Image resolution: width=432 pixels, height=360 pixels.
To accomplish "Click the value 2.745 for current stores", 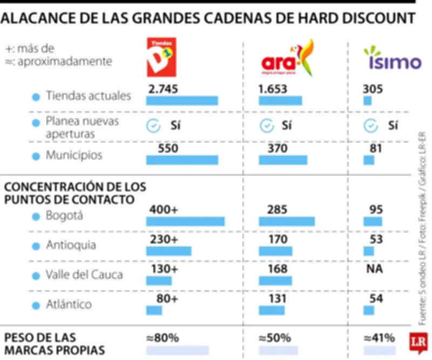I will pyautogui.click(x=163, y=89).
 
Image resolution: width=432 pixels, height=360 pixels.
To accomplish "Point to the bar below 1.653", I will pyautogui.click(x=280, y=101).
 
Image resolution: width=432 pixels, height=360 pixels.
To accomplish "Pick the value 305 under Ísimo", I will pyautogui.click(x=373, y=89).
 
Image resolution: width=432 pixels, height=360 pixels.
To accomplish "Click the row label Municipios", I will pyautogui.click(x=74, y=156).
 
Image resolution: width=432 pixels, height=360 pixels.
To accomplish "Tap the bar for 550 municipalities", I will pyautogui.click(x=183, y=160).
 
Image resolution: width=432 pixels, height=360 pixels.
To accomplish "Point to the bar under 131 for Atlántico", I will pyautogui.click(x=272, y=310).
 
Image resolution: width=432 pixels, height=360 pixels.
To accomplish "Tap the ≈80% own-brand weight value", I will pyautogui.click(x=163, y=338).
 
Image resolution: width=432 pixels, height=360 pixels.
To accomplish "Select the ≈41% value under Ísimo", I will pyautogui.click(x=379, y=338).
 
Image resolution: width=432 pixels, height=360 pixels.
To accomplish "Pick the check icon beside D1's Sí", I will pyautogui.click(x=154, y=126).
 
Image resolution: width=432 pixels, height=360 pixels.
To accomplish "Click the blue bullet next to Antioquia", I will pyautogui.click(x=36, y=246).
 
